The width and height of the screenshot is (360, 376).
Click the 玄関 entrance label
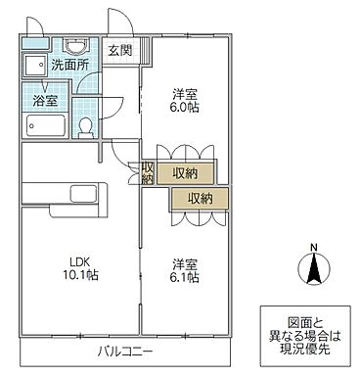120,51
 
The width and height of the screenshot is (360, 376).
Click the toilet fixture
87,126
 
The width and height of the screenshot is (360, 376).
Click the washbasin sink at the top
74,49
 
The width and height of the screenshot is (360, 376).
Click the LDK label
80,261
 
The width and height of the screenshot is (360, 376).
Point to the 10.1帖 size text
80,276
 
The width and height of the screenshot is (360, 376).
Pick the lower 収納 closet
200,198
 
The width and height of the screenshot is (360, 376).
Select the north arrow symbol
312,270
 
